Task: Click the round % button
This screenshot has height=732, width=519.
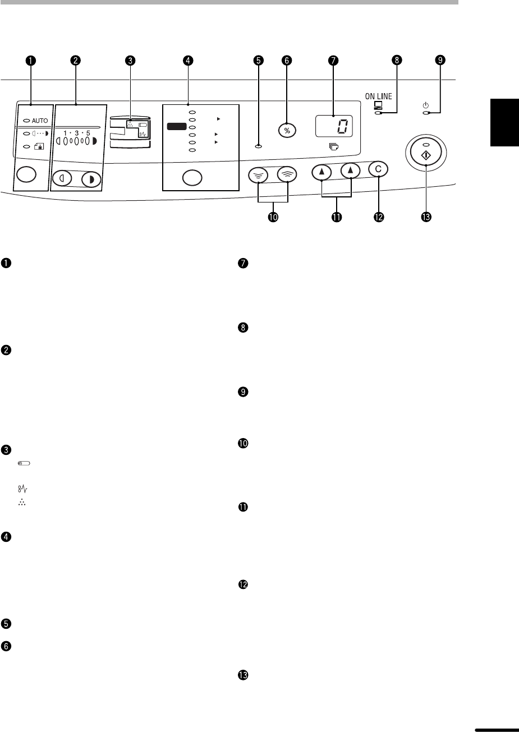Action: coord(287,131)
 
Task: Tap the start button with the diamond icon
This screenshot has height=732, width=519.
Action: coord(426,152)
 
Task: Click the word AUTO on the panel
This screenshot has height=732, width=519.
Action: coord(40,121)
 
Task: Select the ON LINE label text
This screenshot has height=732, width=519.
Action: coord(379,96)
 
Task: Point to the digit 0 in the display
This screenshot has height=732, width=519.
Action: coord(342,126)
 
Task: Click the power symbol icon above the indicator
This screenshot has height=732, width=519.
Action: coord(425,105)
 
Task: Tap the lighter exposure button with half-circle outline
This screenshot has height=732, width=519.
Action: coord(62,178)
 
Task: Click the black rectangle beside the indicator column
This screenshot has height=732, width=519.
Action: coord(177,126)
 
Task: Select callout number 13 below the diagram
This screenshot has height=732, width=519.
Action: coord(426,217)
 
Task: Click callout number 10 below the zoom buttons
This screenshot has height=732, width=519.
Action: coord(273,217)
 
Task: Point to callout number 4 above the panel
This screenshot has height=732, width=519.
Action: coord(188,61)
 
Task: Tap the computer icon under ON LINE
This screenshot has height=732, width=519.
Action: coord(378,105)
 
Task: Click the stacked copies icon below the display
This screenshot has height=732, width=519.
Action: coord(334,147)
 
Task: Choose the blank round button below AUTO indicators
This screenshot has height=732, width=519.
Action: coord(26,174)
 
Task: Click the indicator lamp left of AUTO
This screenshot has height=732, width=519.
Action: coord(26,121)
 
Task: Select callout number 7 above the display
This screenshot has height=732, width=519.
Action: coord(333,61)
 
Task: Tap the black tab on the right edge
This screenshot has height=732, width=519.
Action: coord(504,122)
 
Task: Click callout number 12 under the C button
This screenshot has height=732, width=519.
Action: coord(379,217)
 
